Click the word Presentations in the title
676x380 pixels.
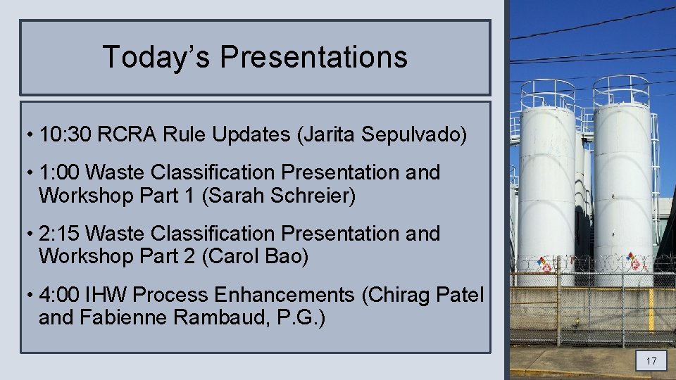[313, 56]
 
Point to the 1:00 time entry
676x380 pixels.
[59, 172]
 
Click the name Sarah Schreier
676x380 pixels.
[278, 196]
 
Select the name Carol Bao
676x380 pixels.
[255, 257]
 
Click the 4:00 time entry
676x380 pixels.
[59, 295]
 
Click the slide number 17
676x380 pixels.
[651, 362]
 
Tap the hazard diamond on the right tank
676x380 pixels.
[634, 262]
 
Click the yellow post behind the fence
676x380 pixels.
[651, 310]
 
